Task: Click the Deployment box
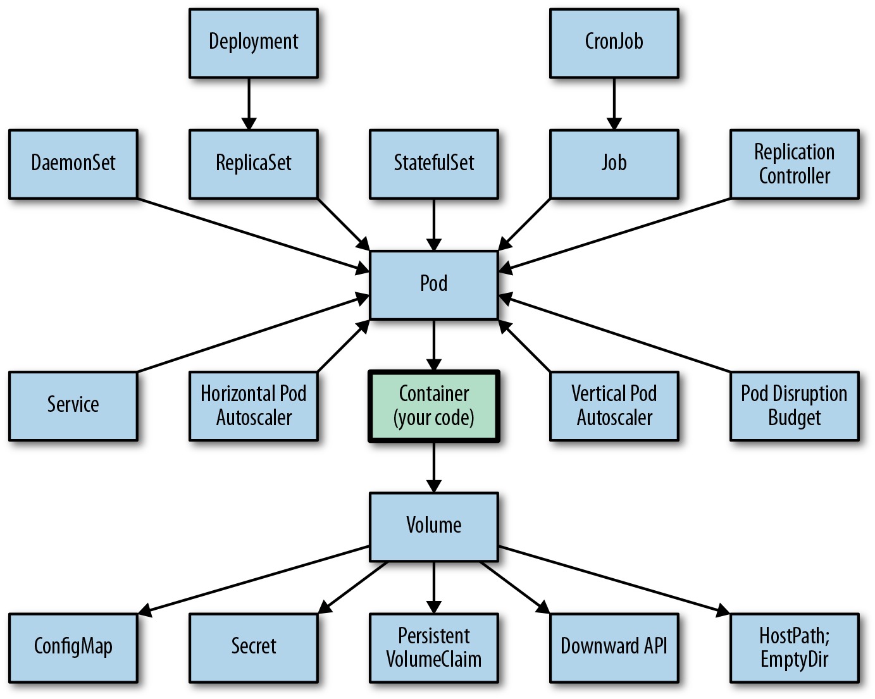(x=253, y=43)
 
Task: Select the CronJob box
(x=614, y=43)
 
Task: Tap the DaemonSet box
(x=73, y=164)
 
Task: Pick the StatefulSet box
(x=434, y=164)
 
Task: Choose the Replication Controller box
(x=795, y=164)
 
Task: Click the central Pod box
(x=434, y=285)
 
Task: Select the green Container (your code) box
(x=434, y=406)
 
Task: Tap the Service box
(x=73, y=406)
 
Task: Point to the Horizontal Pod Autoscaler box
(x=253, y=406)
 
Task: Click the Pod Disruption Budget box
(x=795, y=406)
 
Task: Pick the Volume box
(x=434, y=527)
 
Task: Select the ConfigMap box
(x=73, y=648)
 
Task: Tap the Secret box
(x=253, y=648)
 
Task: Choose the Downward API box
(x=614, y=648)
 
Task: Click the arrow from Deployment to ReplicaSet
(x=249, y=104)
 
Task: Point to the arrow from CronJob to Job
(x=614, y=104)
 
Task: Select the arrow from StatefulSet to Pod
(x=434, y=225)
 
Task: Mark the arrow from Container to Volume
(x=434, y=467)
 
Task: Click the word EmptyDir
(x=794, y=660)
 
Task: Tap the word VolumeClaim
(x=434, y=660)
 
